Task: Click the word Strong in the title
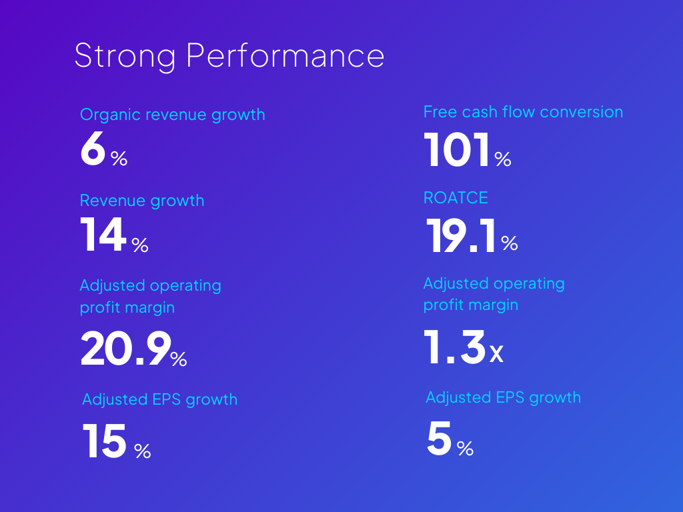click(125, 56)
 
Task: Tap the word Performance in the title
click(285, 56)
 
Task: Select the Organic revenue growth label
click(172, 115)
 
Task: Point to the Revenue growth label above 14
click(142, 201)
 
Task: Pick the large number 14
click(103, 236)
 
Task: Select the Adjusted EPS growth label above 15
click(159, 399)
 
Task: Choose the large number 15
click(105, 442)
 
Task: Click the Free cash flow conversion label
click(523, 112)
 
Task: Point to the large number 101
click(458, 150)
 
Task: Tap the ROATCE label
click(456, 198)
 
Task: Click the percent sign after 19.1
click(510, 244)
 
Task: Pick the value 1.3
click(455, 349)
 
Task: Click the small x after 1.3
click(496, 355)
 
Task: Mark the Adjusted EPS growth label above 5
click(503, 397)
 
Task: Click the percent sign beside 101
click(503, 159)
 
